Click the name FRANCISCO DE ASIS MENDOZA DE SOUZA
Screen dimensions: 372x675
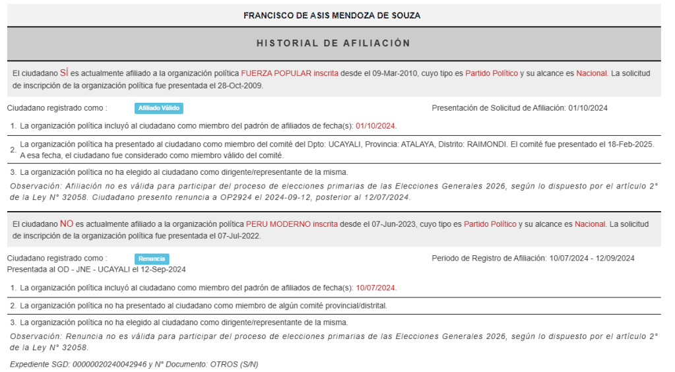pos(331,15)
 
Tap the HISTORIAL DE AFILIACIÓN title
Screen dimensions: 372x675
pos(333,43)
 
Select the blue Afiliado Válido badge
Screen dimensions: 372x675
pos(158,108)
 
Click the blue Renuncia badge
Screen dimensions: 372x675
pos(152,259)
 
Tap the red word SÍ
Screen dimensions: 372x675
pos(64,73)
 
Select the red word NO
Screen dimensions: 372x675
pos(66,224)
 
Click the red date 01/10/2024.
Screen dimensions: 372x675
pos(375,126)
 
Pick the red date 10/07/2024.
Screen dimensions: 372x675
pos(376,288)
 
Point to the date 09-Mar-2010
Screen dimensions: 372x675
pos(394,73)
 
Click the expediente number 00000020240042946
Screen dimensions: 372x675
pos(110,364)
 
